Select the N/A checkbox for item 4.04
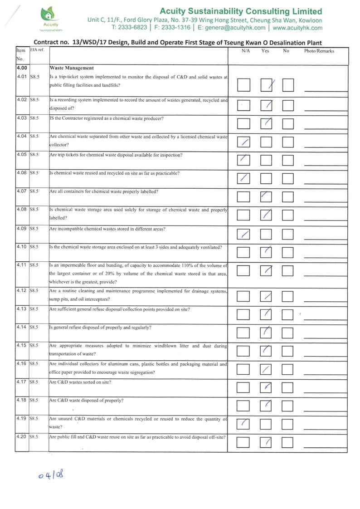coord(243,142)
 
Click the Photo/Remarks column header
coord(319,51)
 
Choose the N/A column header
coord(246,51)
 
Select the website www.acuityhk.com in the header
coord(297,28)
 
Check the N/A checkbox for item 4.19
coord(243,423)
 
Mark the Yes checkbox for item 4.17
coord(267,387)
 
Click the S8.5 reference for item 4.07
coord(34,191)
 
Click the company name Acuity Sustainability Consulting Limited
coord(241,11)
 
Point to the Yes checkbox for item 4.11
coord(267,270)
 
